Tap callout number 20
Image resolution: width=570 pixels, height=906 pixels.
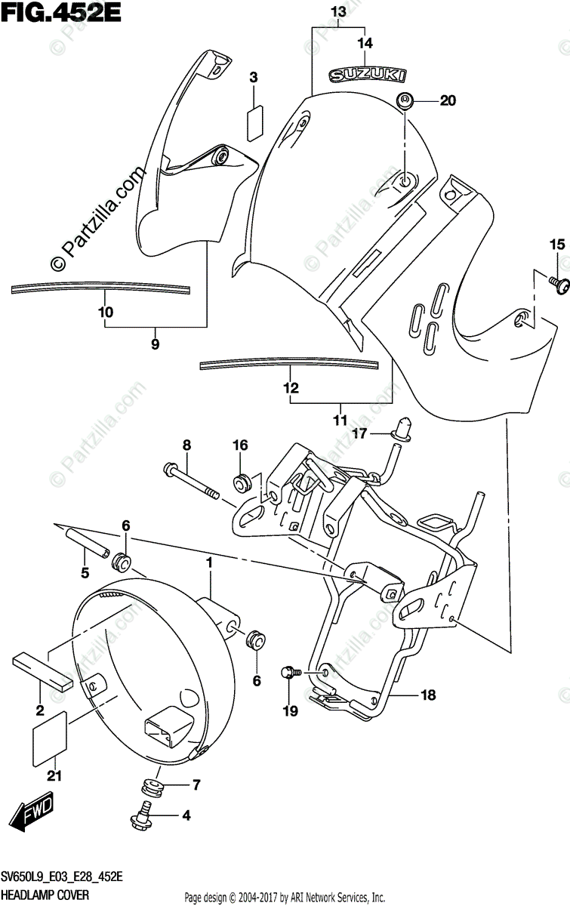pyautogui.click(x=448, y=101)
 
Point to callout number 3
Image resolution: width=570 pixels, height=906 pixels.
pyautogui.click(x=254, y=77)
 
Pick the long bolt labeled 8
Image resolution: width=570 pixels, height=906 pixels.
pyautogui.click(x=190, y=483)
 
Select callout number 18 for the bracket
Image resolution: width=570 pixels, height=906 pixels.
pyautogui.click(x=428, y=696)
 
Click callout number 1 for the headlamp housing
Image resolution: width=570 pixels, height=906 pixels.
pyautogui.click(x=210, y=562)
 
